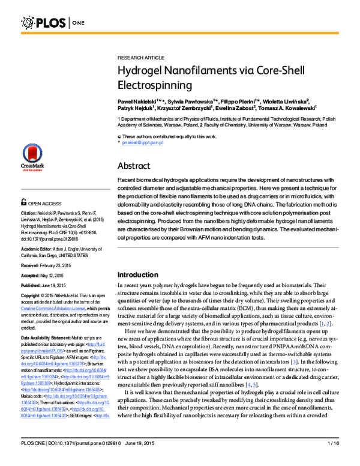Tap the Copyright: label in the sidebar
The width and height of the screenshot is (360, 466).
click(x=33, y=296)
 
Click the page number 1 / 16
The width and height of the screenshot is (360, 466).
click(x=332, y=460)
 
